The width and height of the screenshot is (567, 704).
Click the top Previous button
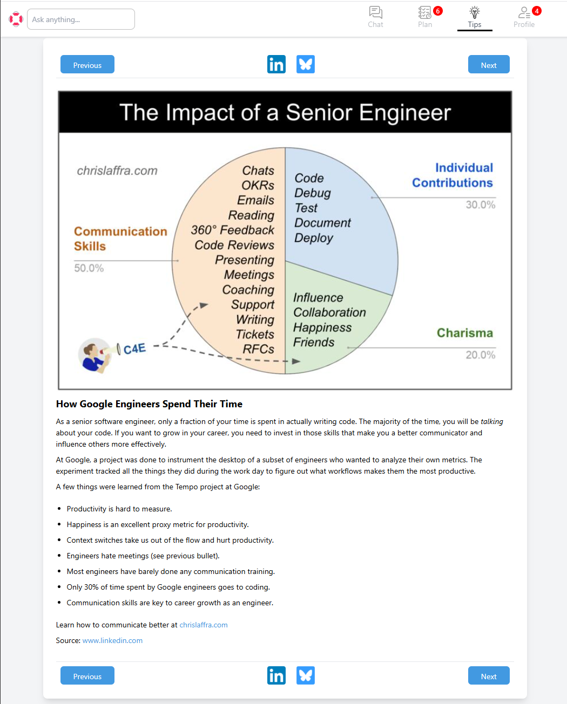(87, 65)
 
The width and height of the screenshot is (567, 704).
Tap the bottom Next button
(488, 676)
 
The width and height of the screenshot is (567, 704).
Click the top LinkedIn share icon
(276, 64)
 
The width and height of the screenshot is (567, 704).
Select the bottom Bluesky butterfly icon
(306, 675)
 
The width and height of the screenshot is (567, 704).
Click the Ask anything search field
(81, 19)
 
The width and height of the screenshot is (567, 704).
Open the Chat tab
(375, 17)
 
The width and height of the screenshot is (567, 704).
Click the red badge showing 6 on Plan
(438, 11)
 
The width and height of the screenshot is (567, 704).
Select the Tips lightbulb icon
(474, 12)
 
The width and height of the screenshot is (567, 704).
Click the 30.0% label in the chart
(481, 204)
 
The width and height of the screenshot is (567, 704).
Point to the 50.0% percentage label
(89, 268)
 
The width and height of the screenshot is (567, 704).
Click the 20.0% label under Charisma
(481, 354)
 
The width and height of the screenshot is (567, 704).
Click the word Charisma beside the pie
(465, 333)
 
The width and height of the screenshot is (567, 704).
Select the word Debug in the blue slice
(313, 193)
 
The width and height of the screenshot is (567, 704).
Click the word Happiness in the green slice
(322, 327)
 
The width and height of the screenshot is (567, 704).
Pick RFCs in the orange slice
(259, 349)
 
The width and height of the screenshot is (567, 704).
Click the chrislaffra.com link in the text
(204, 625)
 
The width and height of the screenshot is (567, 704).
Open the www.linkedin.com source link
(112, 640)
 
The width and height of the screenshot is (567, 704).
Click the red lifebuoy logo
(16, 19)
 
